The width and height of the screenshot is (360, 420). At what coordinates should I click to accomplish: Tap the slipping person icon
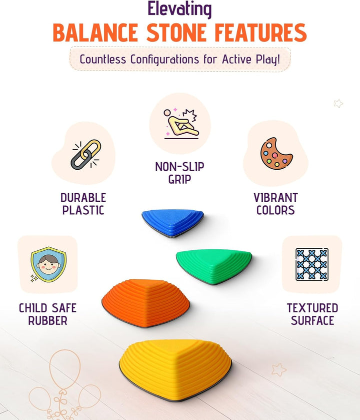pos(180,123)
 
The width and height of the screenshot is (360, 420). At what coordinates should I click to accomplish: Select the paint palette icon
pos(276,153)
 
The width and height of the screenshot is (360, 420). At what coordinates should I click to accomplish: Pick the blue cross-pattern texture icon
pos(311,264)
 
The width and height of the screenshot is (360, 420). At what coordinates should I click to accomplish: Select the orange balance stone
pos(145,302)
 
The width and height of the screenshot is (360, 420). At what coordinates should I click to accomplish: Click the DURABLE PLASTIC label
pos(83,204)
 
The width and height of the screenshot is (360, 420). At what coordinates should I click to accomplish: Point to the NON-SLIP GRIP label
pos(179,173)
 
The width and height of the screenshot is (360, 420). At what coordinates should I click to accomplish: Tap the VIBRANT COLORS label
pos(275,204)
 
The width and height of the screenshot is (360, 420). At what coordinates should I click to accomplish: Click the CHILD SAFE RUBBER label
pos(47,314)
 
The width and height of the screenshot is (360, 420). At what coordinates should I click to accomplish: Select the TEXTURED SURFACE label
pos(312,314)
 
